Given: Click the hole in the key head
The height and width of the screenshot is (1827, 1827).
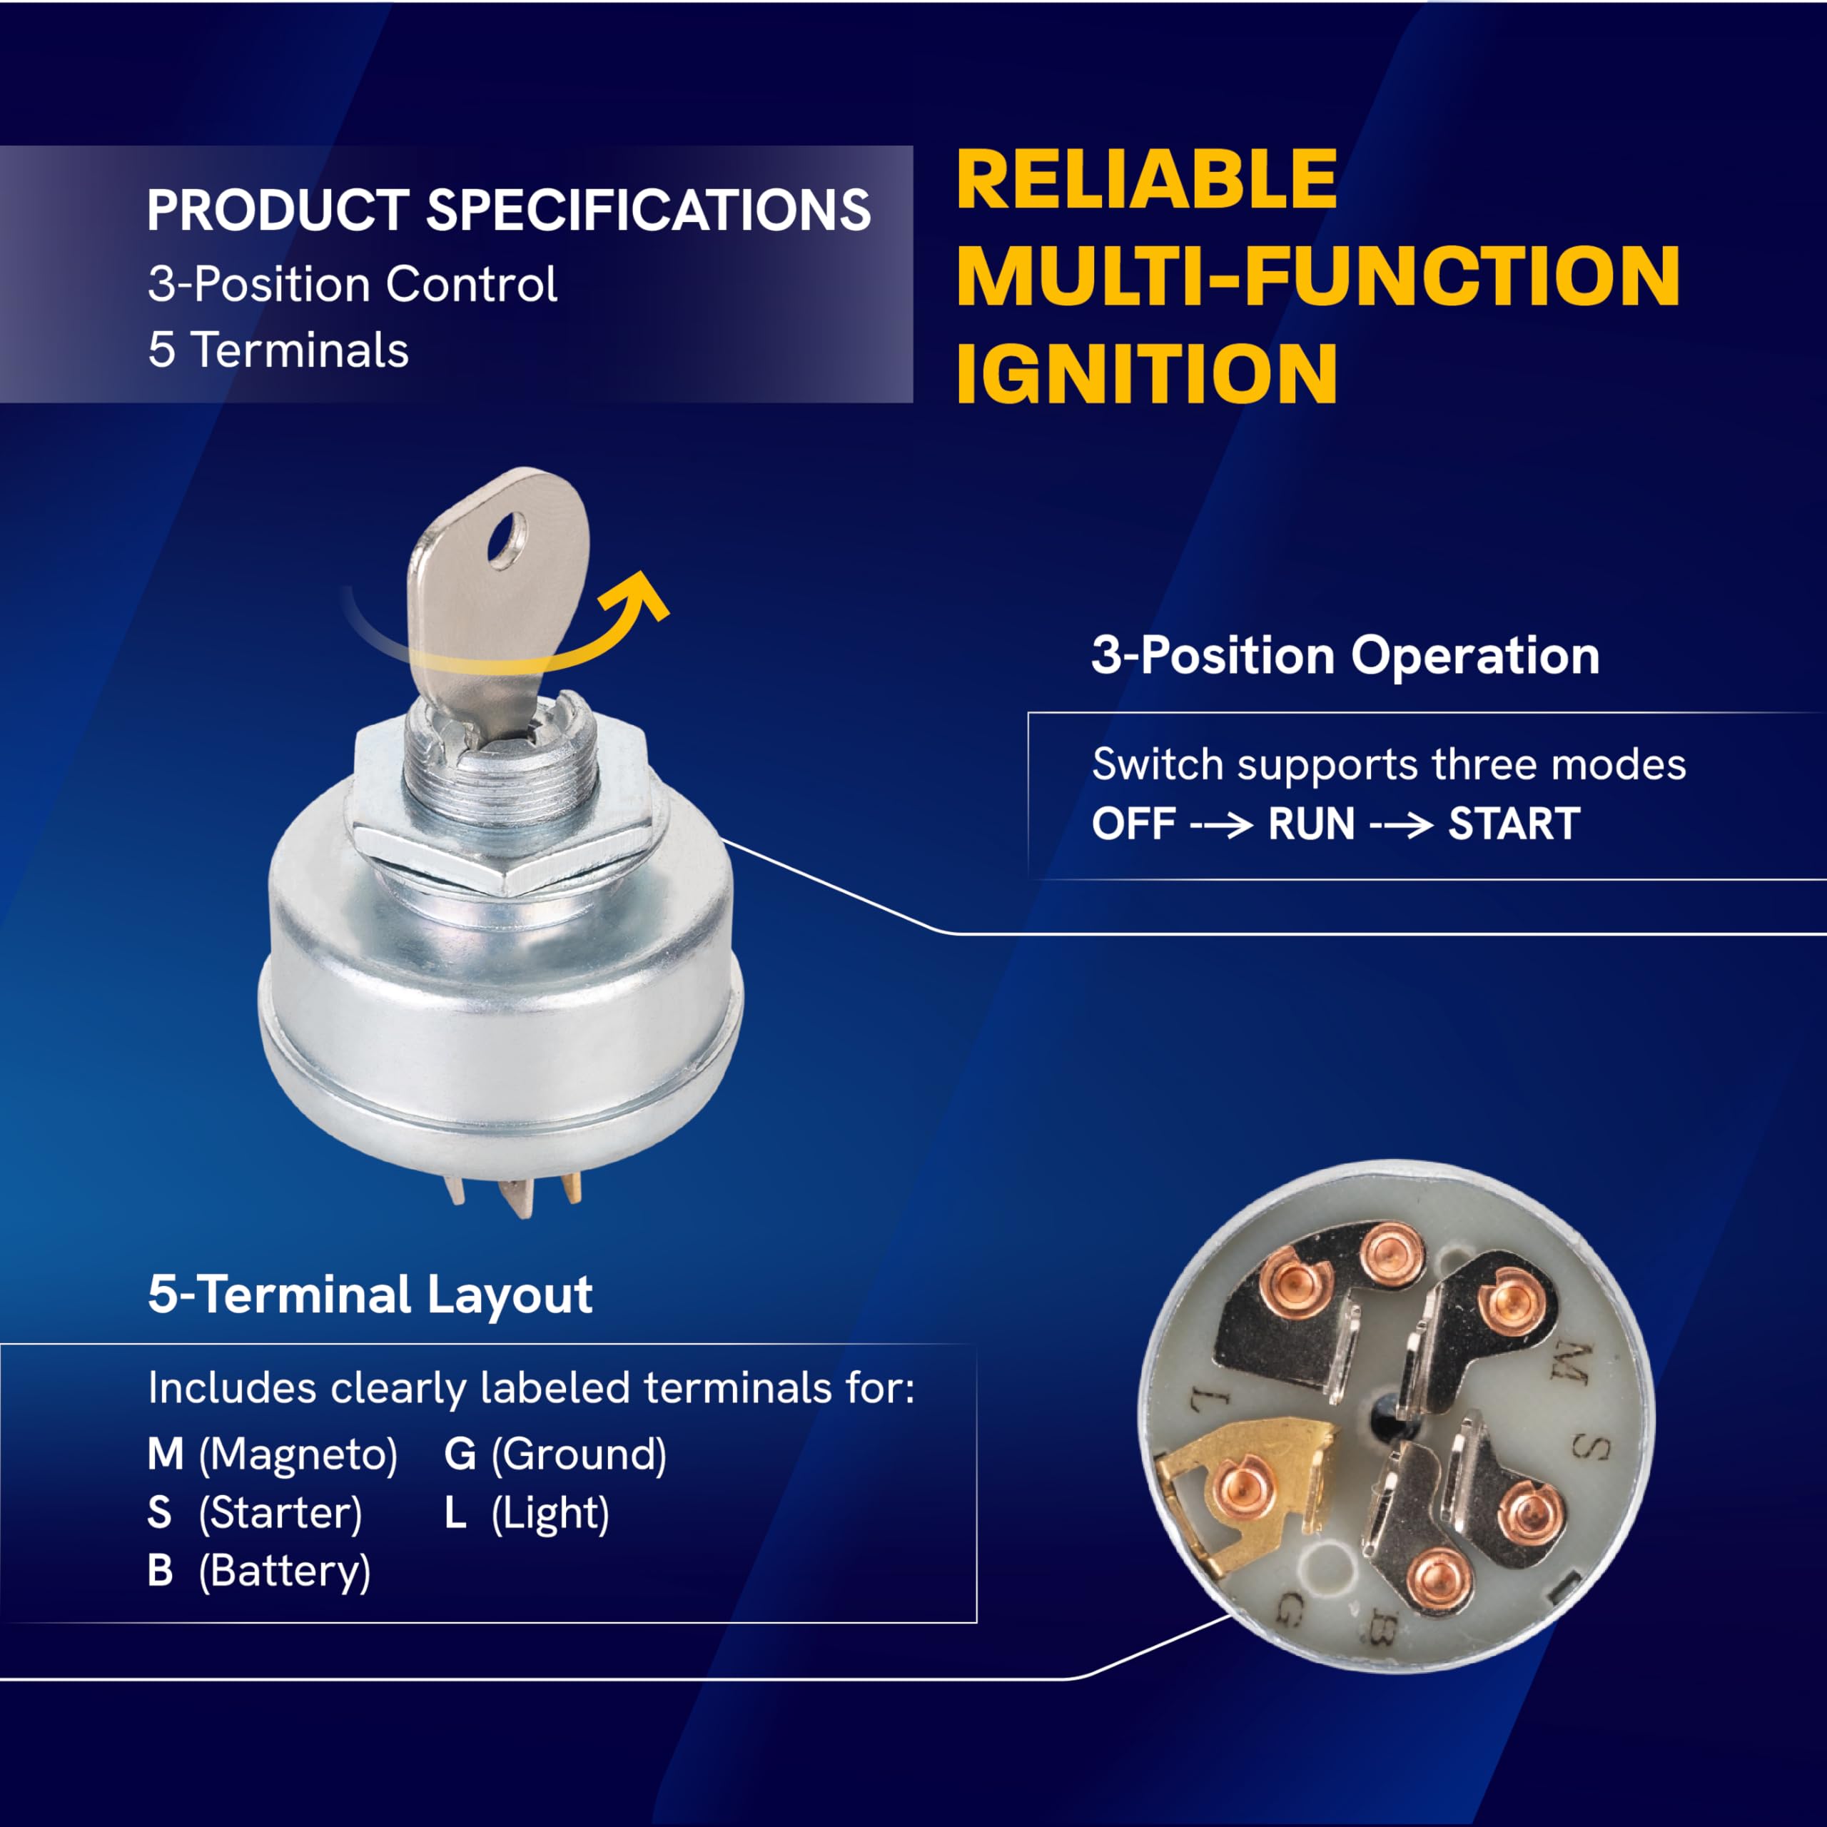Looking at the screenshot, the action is point(506,540).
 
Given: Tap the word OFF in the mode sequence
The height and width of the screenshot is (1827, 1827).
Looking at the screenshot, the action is point(1134,824).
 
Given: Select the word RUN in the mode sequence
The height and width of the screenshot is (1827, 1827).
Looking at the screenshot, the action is point(1312,824).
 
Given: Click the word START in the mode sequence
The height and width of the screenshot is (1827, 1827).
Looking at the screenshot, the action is point(1514,824).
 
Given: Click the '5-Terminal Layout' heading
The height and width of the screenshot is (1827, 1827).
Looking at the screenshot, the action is point(370,1294).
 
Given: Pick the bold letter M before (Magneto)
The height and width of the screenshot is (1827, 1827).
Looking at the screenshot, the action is point(166,1454).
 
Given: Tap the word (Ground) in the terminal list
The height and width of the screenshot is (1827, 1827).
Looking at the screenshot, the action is point(579,1454).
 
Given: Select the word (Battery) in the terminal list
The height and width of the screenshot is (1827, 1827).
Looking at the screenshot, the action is point(285,1572).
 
